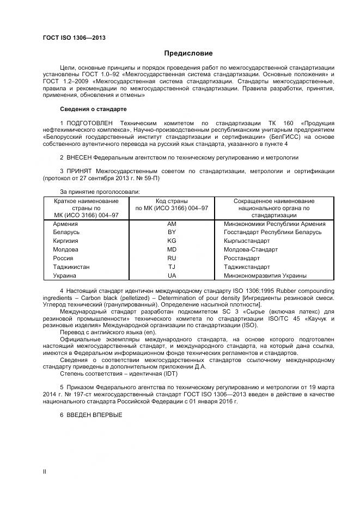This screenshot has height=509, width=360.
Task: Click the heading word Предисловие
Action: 188,53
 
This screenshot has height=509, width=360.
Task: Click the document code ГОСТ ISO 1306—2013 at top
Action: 74,38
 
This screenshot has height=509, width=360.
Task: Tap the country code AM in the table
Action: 172,223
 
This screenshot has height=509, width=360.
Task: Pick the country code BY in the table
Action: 172,232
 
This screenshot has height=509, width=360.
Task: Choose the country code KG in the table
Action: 172,241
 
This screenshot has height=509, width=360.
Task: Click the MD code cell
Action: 172,249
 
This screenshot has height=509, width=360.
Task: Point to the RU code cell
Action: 172,258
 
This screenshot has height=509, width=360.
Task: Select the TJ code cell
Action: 172,267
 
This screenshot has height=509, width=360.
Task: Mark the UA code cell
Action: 172,275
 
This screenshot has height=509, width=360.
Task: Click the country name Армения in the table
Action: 65,223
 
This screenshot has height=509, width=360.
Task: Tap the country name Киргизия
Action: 66,241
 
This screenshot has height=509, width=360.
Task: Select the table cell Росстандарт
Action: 242,258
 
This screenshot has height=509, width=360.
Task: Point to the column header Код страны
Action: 172,201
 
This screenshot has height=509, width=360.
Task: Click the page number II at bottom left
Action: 45,471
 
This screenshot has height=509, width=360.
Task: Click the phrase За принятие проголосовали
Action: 100,192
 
